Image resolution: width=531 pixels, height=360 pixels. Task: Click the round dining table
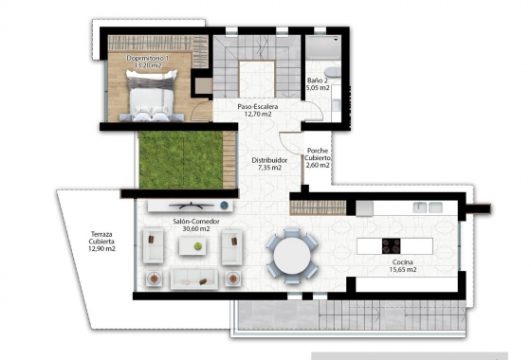291,253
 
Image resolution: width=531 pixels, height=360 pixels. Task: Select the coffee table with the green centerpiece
195,246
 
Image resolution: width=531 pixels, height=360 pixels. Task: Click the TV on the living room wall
187,205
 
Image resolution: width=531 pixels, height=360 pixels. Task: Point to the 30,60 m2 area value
196,228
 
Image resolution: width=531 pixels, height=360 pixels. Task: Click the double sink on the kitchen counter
417,207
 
